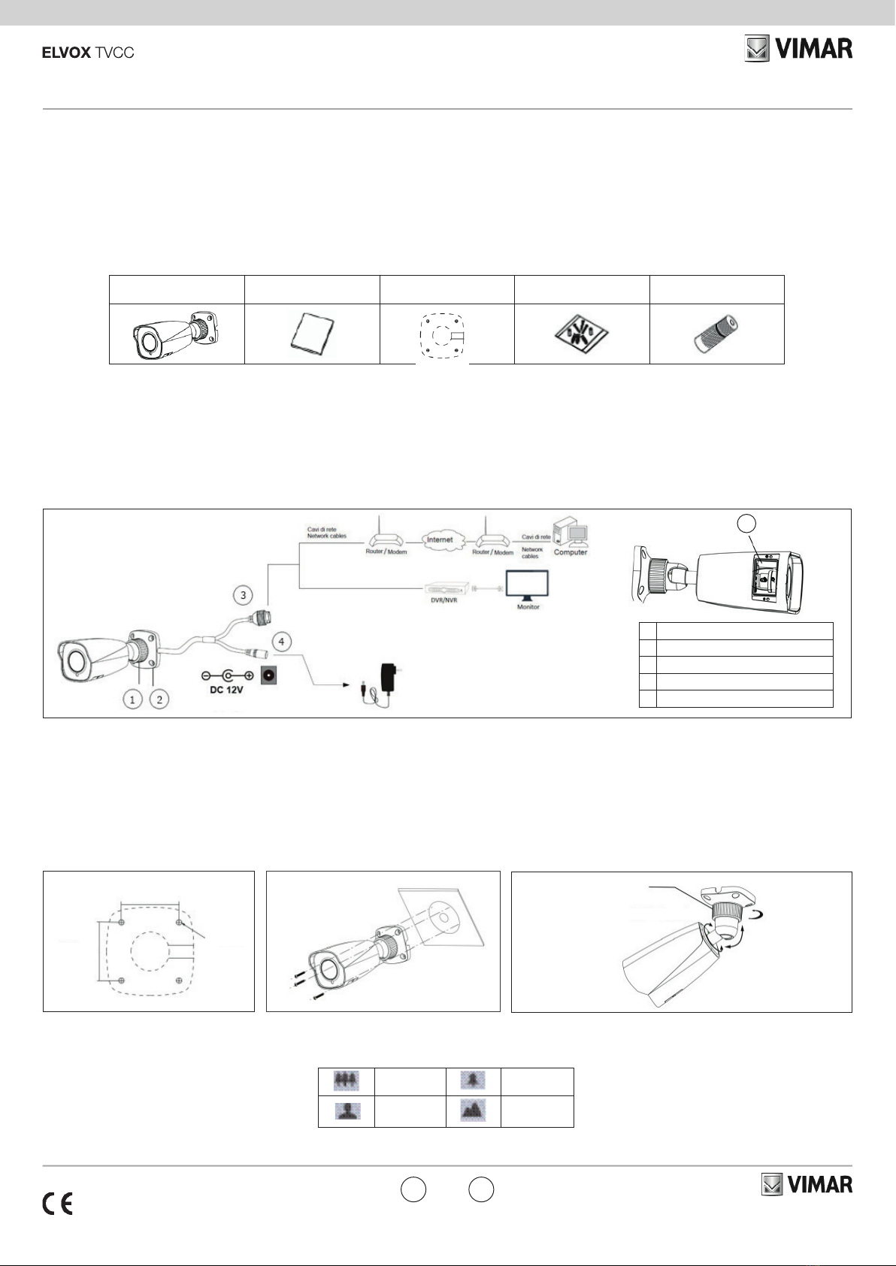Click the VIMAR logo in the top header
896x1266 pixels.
pyautogui.click(x=798, y=50)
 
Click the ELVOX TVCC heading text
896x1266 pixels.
pyautogui.click(x=88, y=53)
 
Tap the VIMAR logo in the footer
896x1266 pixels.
pyautogui.click(x=807, y=1185)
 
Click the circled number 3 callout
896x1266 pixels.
pyautogui.click(x=243, y=595)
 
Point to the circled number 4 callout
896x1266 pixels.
pyautogui.click(x=281, y=642)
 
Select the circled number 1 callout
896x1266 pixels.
pyautogui.click(x=132, y=699)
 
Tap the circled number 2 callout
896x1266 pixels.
pyautogui.click(x=159, y=699)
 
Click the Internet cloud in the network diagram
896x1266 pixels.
pyautogui.click(x=440, y=539)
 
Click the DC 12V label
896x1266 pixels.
pyautogui.click(x=227, y=690)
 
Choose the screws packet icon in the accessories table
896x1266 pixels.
pyautogui.click(x=581, y=334)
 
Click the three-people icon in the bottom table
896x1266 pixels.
pyautogui.click(x=347, y=1081)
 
